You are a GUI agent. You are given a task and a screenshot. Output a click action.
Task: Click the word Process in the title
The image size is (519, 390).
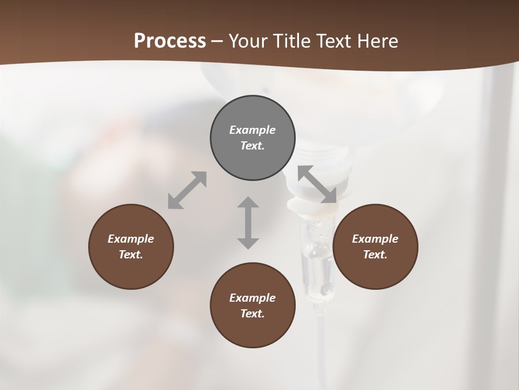170,41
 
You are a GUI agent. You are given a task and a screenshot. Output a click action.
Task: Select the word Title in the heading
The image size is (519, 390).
292,41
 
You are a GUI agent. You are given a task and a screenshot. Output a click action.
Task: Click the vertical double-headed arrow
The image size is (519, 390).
248,223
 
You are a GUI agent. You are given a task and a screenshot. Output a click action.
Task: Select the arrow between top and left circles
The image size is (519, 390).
187,190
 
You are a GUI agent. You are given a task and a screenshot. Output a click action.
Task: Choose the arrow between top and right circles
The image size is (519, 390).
317,185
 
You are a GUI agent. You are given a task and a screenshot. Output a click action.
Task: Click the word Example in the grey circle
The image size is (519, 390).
252,130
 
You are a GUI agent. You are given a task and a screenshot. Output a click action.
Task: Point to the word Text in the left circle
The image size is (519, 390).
131,255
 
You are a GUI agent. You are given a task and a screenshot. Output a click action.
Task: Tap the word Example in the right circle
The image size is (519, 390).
375,239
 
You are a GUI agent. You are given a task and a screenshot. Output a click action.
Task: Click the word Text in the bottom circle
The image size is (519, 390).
252,314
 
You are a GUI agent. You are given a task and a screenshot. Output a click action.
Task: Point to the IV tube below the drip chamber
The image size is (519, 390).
320,347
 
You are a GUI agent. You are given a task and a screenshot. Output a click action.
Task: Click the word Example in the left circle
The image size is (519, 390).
131,239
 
